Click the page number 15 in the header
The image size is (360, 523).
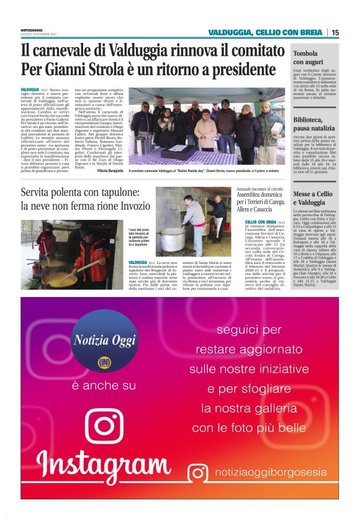(335, 32)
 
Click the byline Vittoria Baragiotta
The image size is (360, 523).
(110, 170)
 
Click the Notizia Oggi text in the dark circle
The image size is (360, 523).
(104, 340)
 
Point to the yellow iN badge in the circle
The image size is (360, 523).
(104, 362)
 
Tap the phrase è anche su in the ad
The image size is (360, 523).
(104, 386)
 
